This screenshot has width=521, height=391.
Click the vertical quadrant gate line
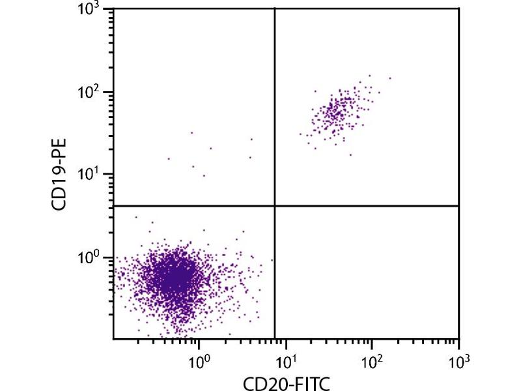tap(274, 104)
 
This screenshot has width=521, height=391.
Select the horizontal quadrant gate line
tap(365, 206)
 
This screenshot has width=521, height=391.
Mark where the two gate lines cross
tap(274, 206)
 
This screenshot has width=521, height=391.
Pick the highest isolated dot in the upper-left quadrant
tap(191, 132)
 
